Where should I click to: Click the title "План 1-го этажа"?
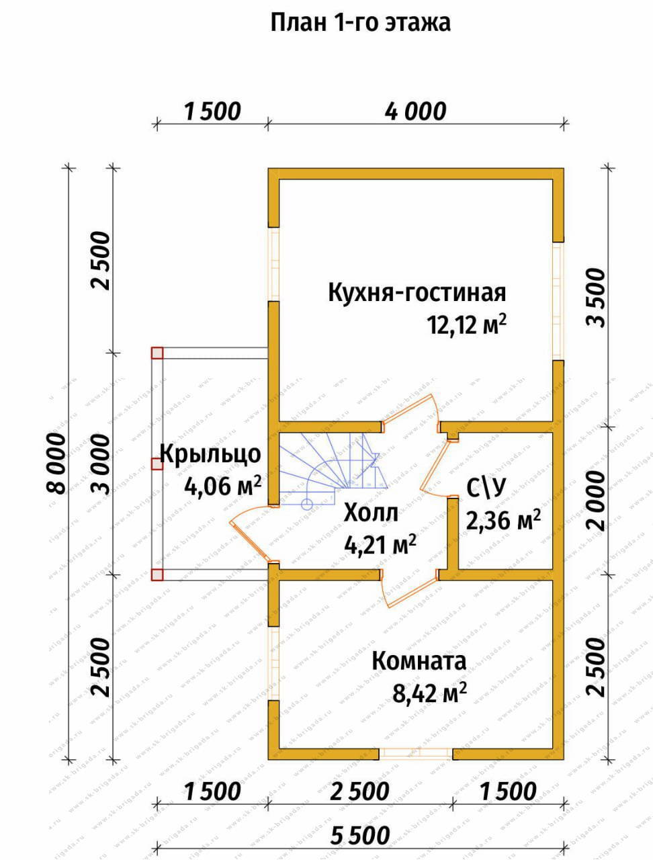pos(360,24)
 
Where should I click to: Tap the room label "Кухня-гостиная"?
pos(417,293)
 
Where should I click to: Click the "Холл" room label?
pos(371,513)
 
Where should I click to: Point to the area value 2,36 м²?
pos(503,521)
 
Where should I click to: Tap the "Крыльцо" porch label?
pos(210,454)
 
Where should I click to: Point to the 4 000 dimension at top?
pos(415,112)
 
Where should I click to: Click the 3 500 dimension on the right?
pos(596,298)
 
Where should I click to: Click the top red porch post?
pos(157,353)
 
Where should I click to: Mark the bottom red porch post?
pos(157,574)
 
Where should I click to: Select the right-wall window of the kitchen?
pos(558,300)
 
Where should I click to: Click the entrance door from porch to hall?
pos(251,533)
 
